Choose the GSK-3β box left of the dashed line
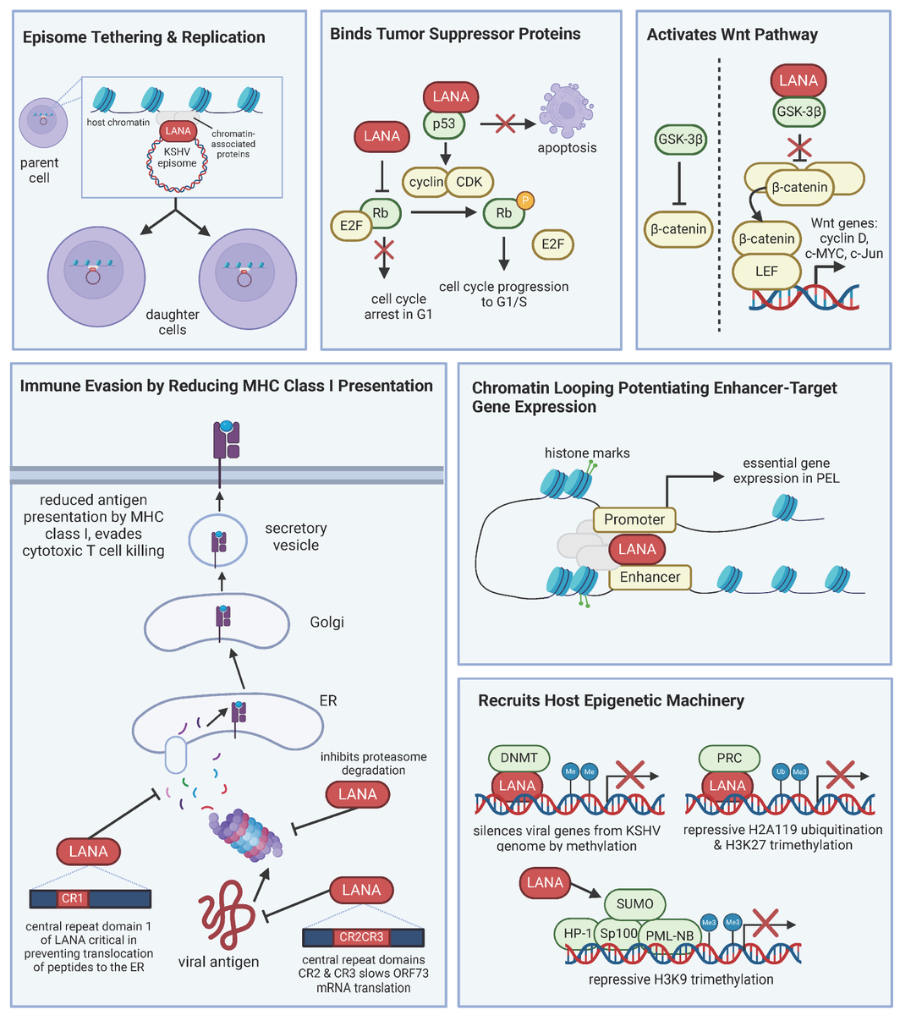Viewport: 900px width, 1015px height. point(681,139)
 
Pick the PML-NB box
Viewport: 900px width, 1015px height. point(668,934)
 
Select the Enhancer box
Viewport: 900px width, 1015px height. point(649,578)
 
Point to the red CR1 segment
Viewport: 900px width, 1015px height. point(72,897)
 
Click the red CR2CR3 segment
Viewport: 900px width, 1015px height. point(362,937)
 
